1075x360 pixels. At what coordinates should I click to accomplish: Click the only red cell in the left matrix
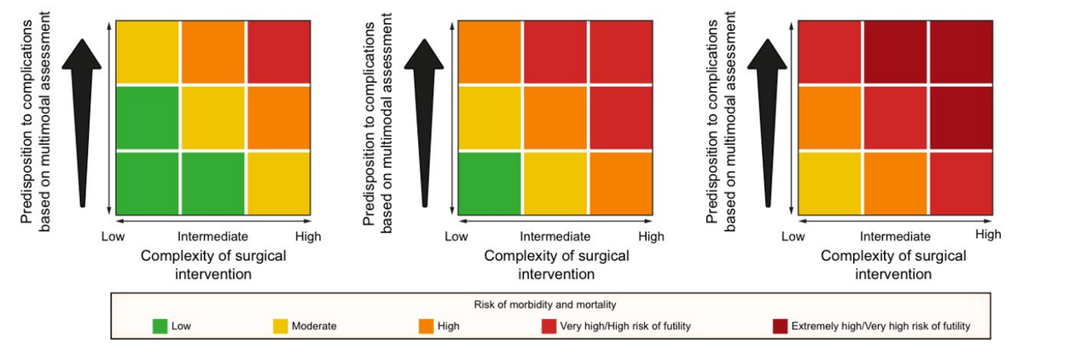(x=279, y=52)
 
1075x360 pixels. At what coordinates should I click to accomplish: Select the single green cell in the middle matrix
(x=490, y=183)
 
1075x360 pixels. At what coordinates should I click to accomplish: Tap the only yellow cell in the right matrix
(x=830, y=183)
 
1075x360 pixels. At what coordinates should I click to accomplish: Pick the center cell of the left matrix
(x=212, y=118)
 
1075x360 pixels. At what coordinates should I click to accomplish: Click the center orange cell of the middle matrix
(x=555, y=118)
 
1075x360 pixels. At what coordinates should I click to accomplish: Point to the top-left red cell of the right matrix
(x=830, y=52)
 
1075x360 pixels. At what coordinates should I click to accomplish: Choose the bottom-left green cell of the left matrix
(x=148, y=183)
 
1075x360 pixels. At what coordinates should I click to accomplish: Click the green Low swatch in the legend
(x=160, y=327)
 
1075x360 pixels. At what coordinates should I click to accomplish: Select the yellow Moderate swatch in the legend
(x=280, y=327)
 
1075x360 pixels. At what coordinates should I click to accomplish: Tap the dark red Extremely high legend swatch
(x=780, y=327)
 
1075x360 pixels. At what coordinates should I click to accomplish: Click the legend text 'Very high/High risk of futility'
(x=625, y=327)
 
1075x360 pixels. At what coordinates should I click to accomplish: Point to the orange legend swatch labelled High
(x=427, y=327)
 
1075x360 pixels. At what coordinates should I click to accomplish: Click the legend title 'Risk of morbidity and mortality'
(x=544, y=305)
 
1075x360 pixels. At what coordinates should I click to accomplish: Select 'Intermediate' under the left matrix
(x=212, y=236)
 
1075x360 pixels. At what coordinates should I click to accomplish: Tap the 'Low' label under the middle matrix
(x=456, y=236)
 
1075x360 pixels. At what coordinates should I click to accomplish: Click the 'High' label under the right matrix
(x=988, y=235)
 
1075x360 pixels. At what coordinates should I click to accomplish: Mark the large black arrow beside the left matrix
(x=82, y=123)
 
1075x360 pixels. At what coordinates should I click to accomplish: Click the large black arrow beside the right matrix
(x=767, y=123)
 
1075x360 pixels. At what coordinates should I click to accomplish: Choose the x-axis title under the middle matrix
(x=556, y=265)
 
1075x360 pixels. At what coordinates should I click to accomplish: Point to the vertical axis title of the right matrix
(x=720, y=122)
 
